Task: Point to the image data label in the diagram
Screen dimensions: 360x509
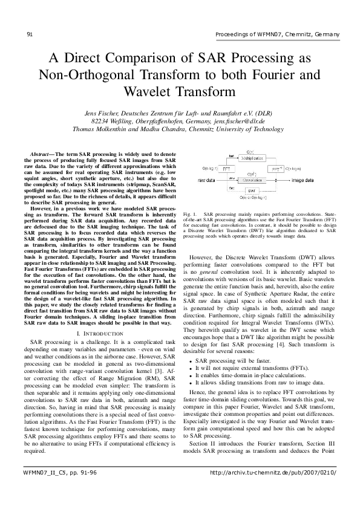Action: (303, 180)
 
